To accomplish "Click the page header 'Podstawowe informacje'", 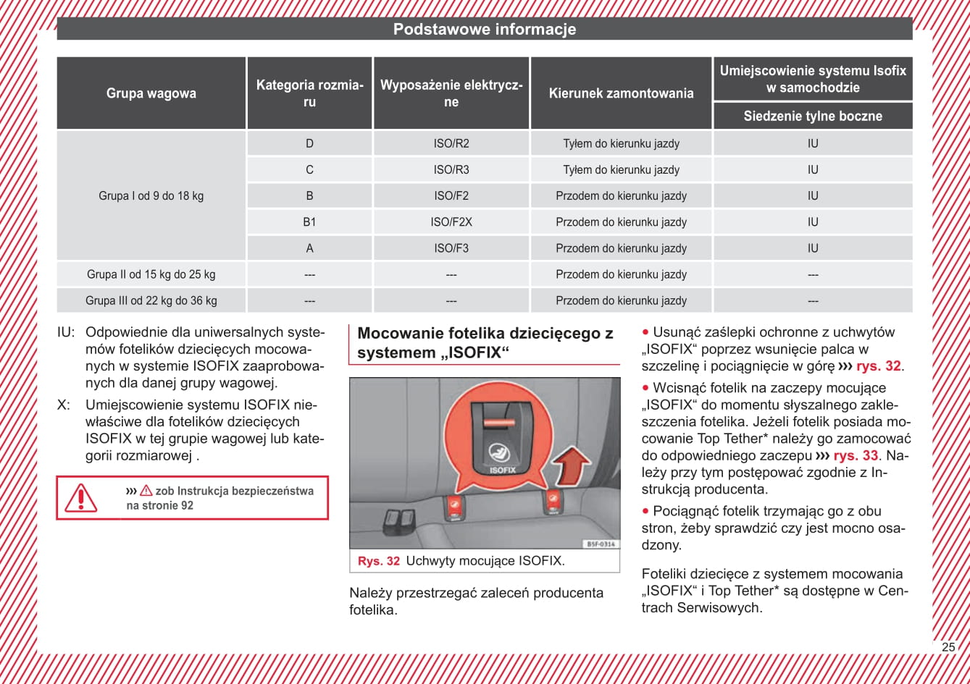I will [485, 30].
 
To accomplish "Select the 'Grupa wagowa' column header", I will [151, 93].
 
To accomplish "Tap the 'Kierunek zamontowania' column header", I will [621, 93].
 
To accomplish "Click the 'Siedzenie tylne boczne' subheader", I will [813, 117].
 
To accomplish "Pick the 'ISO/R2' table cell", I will [451, 143].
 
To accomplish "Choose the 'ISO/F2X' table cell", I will [451, 222].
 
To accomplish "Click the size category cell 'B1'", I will [309, 222].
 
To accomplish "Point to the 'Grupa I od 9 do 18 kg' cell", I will [151, 196].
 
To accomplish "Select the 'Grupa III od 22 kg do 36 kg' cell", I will [151, 300].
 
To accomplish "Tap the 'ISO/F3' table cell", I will [451, 248].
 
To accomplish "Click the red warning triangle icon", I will [80, 498].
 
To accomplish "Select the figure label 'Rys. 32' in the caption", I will [378, 561].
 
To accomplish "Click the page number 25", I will [948, 647].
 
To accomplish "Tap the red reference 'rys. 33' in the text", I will [856, 456].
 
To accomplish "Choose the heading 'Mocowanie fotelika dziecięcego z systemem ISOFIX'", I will [485, 343].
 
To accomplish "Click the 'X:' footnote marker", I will [64, 405].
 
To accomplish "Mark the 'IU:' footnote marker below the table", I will [66, 333].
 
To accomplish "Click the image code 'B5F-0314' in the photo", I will [600, 544].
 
